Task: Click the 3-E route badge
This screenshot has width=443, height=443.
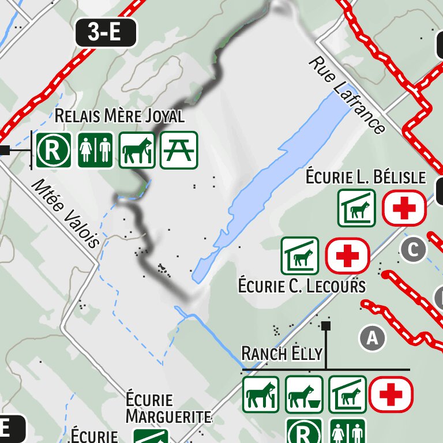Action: tap(106, 32)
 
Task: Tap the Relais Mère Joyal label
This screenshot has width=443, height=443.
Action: tap(119, 116)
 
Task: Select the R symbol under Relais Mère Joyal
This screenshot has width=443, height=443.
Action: tap(54, 150)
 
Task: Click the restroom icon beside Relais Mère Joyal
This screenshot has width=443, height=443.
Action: tap(95, 150)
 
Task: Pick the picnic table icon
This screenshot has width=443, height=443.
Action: tap(179, 150)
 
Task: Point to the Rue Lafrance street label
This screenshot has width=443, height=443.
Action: tap(347, 95)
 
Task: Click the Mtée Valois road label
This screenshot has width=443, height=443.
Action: tap(66, 213)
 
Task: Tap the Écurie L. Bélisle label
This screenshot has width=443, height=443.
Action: tap(366, 177)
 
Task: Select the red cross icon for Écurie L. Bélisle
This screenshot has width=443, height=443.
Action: tap(404, 208)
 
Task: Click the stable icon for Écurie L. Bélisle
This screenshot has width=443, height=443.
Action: tap(356, 208)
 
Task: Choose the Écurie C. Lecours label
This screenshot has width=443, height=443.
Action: tap(302, 286)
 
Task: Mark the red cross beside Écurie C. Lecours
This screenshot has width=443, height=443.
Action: tap(347, 256)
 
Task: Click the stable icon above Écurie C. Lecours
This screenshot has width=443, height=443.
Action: tap(300, 256)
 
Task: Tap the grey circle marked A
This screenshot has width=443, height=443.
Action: tap(372, 338)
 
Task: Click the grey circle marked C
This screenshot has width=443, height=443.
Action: tap(413, 250)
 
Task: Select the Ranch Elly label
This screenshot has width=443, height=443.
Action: tap(281, 352)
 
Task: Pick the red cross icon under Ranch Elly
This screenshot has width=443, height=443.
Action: tap(391, 395)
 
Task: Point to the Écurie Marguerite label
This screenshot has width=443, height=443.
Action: tap(168, 408)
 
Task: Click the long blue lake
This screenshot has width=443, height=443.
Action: tap(271, 185)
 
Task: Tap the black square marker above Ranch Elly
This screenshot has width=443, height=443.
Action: tap(326, 326)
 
